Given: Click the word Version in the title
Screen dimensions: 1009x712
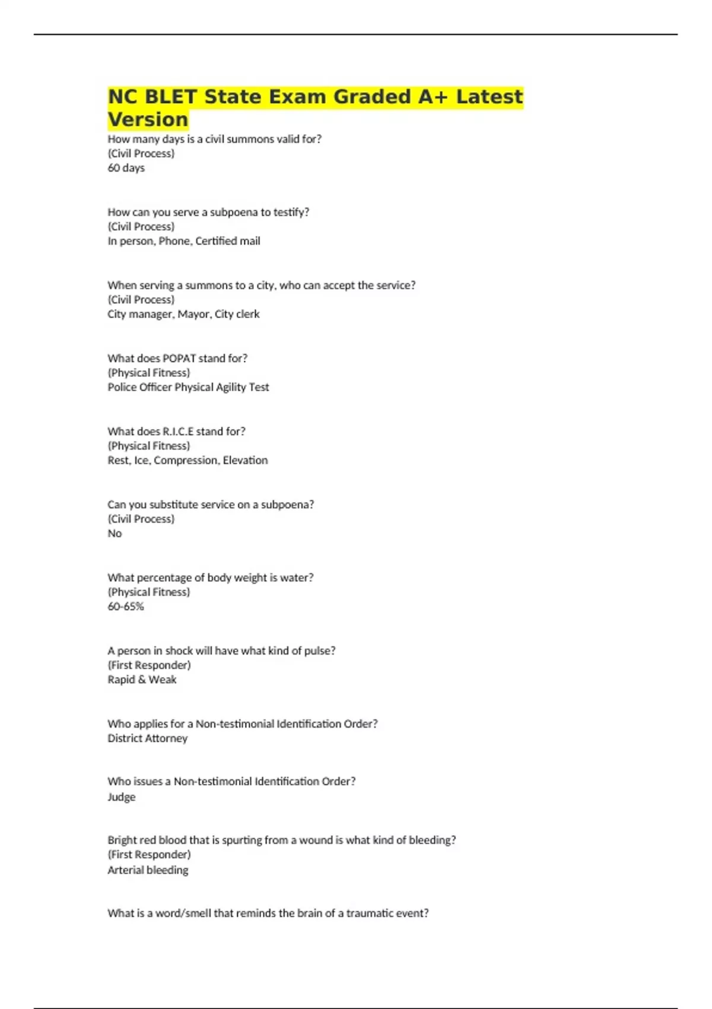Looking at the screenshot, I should point(148,119).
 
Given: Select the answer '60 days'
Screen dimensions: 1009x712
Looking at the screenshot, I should point(126,168).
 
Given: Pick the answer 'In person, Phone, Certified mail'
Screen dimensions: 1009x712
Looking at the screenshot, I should point(184,241).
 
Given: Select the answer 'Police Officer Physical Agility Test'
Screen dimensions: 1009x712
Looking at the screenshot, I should point(188,387).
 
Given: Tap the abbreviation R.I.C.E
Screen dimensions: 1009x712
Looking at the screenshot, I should point(178,431).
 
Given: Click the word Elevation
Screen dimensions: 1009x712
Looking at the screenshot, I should point(245,460).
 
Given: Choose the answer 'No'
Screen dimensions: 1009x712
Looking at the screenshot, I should point(115,534).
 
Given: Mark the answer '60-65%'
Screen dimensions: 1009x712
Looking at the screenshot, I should point(126,607).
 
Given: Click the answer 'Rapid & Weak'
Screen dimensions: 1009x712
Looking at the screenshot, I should point(142,680).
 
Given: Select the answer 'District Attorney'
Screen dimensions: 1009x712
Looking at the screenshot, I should point(147,738).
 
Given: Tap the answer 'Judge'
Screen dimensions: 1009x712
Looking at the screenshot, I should point(121,797).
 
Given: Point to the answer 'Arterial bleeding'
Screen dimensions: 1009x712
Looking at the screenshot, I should point(148,870).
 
